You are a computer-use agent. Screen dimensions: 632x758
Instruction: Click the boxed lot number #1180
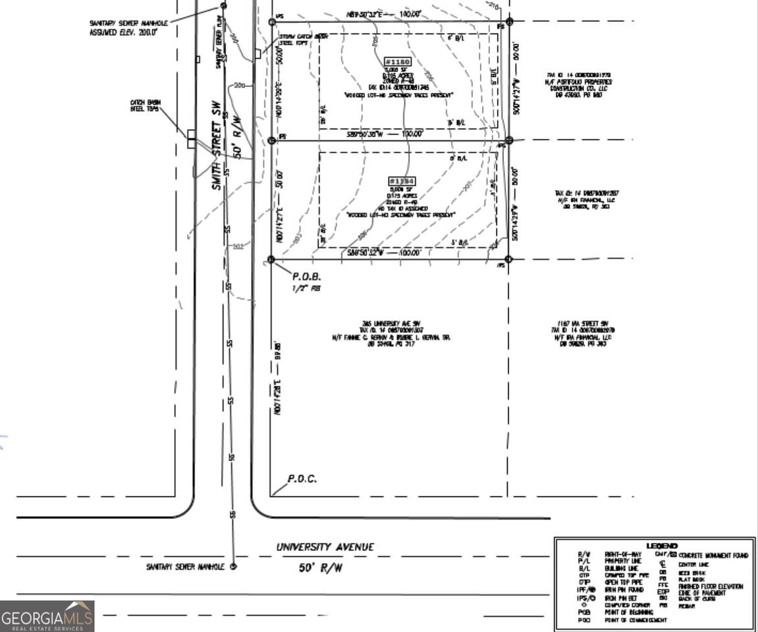pyautogui.click(x=397, y=62)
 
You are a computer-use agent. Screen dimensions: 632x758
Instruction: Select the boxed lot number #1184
pyautogui.click(x=402, y=181)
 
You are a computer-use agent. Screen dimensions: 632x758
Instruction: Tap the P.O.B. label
pyautogui.click(x=306, y=277)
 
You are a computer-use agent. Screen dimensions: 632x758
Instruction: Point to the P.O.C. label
pyautogui.click(x=302, y=479)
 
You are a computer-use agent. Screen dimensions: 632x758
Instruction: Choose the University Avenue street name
pyautogui.click(x=325, y=547)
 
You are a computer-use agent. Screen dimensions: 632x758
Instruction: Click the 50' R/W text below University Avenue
pyautogui.click(x=321, y=567)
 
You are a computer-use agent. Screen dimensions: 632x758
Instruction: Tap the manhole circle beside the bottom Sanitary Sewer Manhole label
pyautogui.click(x=232, y=566)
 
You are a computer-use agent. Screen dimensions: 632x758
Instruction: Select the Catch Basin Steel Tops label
pyautogui.click(x=145, y=105)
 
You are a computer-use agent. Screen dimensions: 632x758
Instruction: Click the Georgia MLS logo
pyautogui.click(x=47, y=617)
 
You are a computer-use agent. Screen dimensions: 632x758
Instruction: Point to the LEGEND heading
pyautogui.click(x=661, y=546)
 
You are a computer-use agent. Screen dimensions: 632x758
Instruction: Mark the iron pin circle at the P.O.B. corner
pyautogui.click(x=271, y=260)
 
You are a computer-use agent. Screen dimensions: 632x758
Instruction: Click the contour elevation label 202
pyautogui.click(x=238, y=247)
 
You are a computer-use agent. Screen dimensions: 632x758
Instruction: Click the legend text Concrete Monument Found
pyautogui.click(x=713, y=556)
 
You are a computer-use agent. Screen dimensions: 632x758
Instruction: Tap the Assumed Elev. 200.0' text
pyautogui.click(x=123, y=32)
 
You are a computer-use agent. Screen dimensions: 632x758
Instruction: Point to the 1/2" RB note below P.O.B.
pyautogui.click(x=306, y=288)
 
